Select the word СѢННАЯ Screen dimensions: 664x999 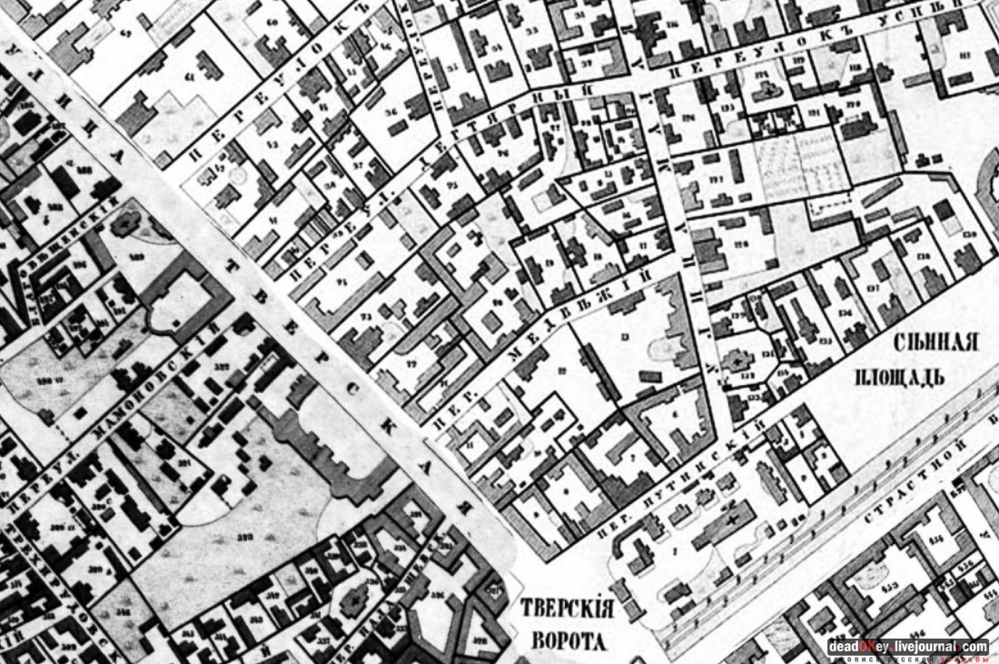(x=938, y=343)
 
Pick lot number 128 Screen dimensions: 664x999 (x=743, y=243)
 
